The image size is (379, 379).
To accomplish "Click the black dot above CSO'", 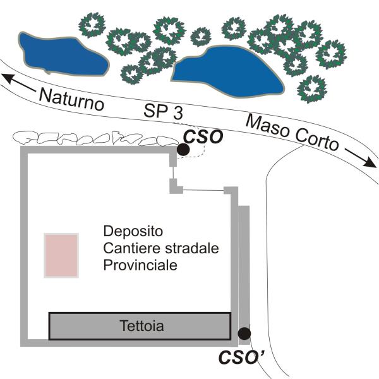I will tap(244, 334).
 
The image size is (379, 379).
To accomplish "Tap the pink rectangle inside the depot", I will tap(61, 255).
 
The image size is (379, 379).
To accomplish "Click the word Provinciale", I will tap(140, 265).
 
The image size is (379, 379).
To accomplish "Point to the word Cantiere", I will tap(127, 248).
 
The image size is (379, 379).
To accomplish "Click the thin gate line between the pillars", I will tap(203, 190).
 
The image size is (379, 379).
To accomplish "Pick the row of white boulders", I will tap(95, 138).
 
